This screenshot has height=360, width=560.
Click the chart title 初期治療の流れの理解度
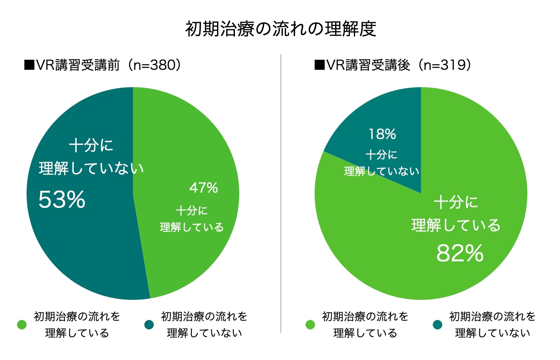pyautogui.click(x=280, y=30)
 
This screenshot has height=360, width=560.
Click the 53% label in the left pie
pyautogui.click(x=61, y=200)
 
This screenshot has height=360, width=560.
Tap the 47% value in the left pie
pyautogui.click(x=204, y=188)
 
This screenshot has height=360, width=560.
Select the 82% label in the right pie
pyautogui.click(x=460, y=254)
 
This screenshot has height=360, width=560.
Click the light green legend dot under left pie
pyautogui.click(x=22, y=325)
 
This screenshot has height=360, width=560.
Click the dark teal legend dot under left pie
pyautogui.click(x=149, y=325)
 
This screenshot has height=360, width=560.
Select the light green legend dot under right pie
pyautogui.click(x=310, y=325)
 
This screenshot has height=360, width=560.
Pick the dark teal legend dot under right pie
pyautogui.click(x=438, y=325)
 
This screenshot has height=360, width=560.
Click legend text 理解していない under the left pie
pyautogui.click(x=204, y=333)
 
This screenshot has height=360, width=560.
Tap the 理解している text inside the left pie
pyautogui.click(x=192, y=227)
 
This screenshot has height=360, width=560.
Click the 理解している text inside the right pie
pyautogui.click(x=456, y=225)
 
